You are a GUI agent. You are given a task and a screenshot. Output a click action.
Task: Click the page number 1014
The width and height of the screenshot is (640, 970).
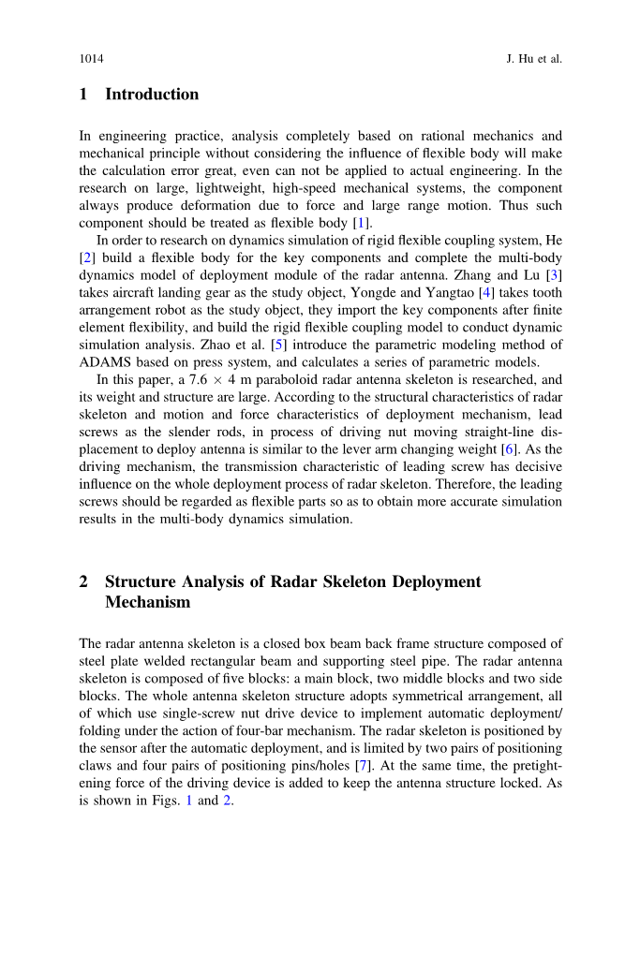[91, 59]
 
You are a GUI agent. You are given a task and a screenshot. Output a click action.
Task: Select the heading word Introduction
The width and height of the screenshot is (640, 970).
[152, 95]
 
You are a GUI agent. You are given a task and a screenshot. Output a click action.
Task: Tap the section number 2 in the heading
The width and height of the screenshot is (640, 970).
[83, 581]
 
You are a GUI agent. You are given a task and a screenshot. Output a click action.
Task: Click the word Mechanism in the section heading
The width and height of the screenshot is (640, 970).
[147, 602]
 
